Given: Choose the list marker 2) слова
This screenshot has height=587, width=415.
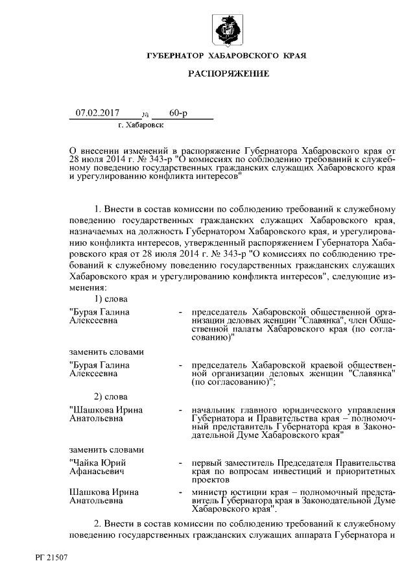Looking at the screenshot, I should coord(110,396).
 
